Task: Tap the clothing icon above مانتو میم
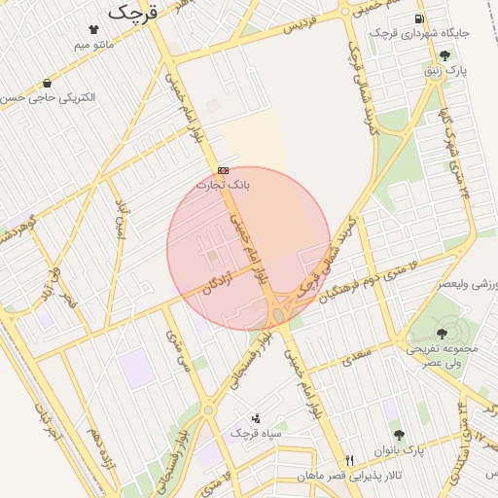coord(93,29)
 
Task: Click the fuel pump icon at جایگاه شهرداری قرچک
coord(418,18)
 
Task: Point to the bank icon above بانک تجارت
coord(224,169)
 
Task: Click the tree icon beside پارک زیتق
coord(445,55)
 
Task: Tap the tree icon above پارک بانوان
coord(397,433)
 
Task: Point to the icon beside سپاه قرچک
coord(256,417)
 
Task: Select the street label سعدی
coord(357,358)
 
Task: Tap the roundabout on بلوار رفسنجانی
coord(208,409)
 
